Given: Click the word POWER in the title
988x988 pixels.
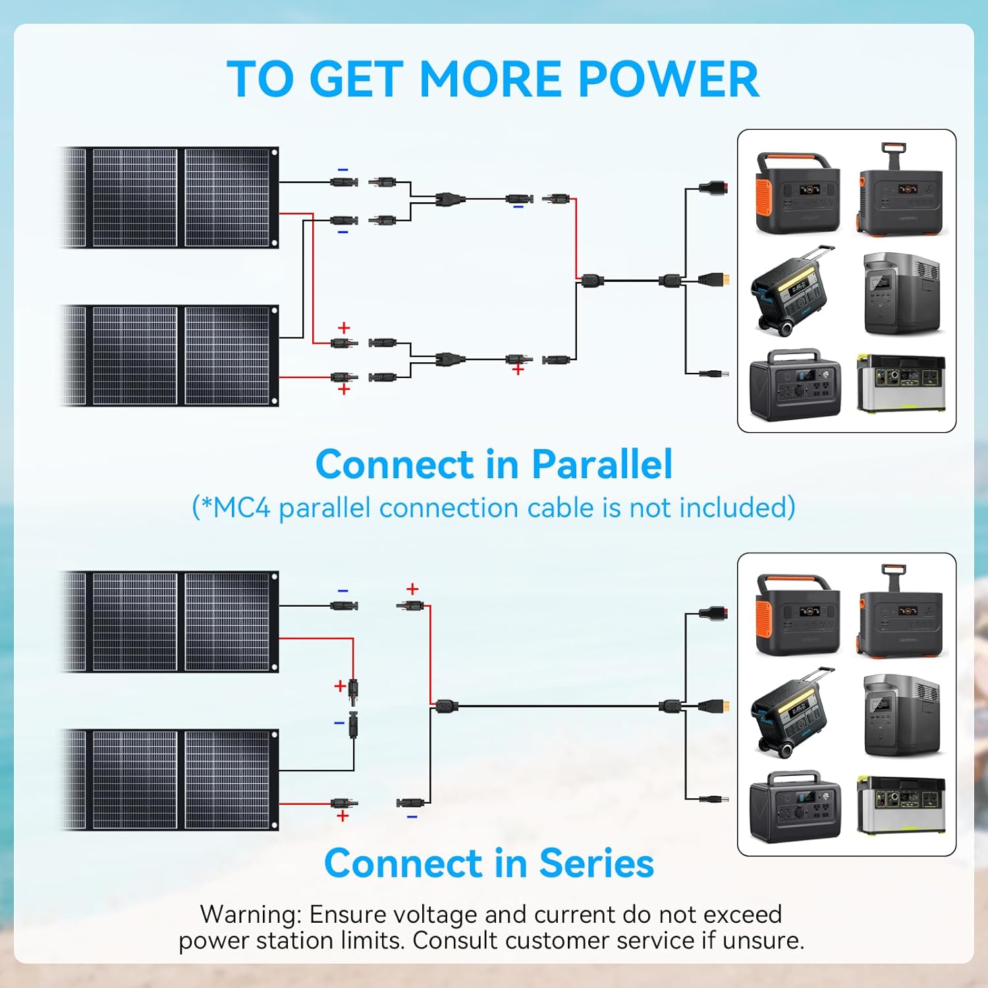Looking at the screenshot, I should [669, 79].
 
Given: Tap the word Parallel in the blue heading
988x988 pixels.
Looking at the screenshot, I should [602, 464].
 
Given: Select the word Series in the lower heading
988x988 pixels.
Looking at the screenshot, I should [596, 864].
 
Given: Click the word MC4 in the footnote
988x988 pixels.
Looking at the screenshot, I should [242, 508].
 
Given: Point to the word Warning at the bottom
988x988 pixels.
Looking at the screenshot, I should [250, 914].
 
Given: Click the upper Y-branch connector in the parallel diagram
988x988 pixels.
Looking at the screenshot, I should [449, 198].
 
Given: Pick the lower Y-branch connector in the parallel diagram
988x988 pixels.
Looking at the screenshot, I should [449, 359].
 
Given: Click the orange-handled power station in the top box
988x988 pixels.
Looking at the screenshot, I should [798, 194].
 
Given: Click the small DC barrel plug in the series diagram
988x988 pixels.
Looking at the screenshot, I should [714, 799].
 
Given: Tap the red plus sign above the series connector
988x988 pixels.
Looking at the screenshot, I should [412, 589].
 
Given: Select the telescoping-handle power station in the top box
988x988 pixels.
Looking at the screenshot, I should [901, 190].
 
